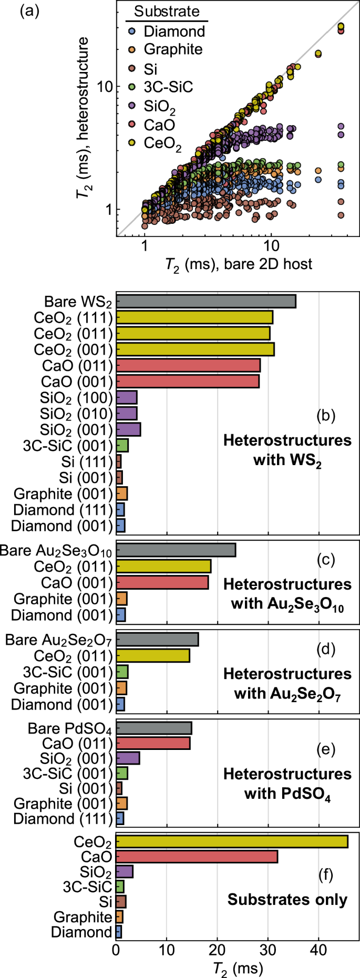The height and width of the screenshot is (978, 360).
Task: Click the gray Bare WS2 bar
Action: [205, 301]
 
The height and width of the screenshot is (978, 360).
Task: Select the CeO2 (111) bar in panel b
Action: [194, 317]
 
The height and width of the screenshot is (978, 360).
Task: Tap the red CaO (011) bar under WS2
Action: [188, 365]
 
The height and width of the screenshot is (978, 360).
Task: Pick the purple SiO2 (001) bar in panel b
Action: [128, 429]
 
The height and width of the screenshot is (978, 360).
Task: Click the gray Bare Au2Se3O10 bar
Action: [176, 550]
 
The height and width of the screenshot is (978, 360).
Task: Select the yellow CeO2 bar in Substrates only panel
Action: [232, 841]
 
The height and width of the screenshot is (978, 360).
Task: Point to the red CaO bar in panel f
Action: [197, 857]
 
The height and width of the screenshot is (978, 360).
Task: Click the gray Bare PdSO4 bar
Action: [153, 728]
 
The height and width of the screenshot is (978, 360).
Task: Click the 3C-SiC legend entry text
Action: [168, 87]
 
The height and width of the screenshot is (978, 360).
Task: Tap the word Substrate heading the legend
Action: [167, 12]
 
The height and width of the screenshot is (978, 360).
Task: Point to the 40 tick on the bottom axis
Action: [318, 950]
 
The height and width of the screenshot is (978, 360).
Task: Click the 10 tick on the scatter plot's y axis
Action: [105, 86]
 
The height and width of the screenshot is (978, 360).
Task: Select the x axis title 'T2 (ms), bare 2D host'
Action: [239, 264]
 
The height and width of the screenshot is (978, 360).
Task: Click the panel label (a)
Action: [29, 11]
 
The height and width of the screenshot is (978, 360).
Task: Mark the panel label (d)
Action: [326, 649]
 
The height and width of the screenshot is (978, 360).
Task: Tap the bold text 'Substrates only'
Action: [287, 899]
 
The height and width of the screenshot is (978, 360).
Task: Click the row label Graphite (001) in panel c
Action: [63, 599]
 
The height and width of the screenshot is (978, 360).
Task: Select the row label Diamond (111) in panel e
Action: [63, 819]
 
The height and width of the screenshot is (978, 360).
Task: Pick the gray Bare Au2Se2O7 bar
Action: [157, 640]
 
